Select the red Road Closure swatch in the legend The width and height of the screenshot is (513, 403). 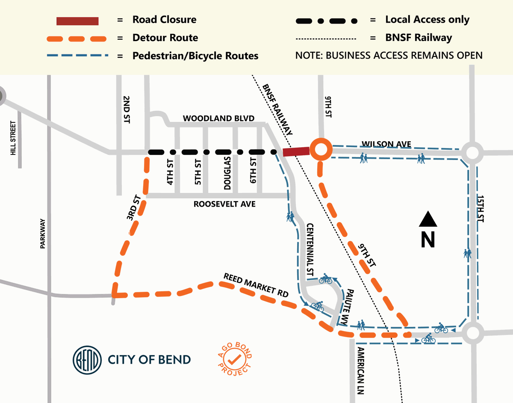[78, 21]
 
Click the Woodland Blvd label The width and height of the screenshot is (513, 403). [218, 118]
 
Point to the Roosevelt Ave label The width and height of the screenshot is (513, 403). [224, 204]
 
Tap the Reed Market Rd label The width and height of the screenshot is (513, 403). [256, 285]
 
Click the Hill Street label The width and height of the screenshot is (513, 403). [13, 138]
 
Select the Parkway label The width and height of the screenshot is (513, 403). [42, 234]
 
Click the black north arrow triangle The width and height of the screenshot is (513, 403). [427, 219]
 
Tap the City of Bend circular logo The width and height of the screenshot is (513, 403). [87, 359]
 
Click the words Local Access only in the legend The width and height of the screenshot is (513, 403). [427, 20]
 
